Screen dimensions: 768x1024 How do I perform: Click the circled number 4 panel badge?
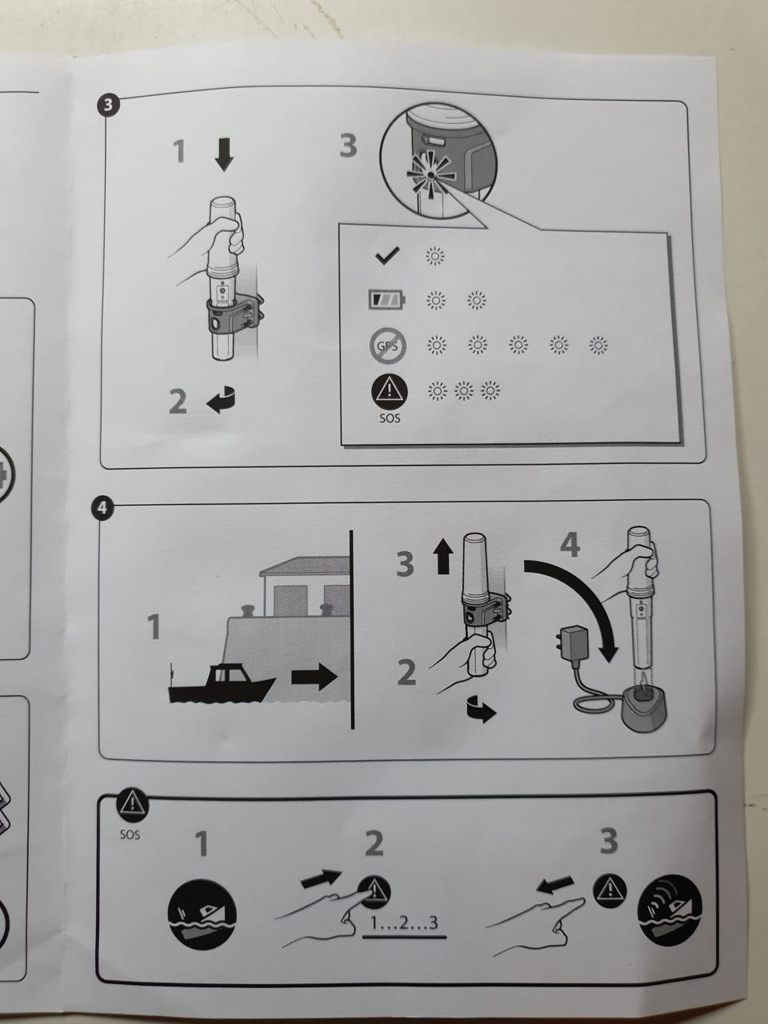tap(102, 507)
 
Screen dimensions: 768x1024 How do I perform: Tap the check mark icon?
tap(387, 255)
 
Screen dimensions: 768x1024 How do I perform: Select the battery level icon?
tap(387, 299)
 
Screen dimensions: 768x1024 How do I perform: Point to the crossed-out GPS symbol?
tap(388, 346)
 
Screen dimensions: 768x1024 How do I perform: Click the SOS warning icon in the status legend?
tap(390, 392)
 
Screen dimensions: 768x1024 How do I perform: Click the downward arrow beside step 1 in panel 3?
tap(224, 154)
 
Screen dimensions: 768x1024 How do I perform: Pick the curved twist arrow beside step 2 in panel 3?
tap(221, 400)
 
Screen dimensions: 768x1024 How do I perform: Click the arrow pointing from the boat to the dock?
tap(314, 678)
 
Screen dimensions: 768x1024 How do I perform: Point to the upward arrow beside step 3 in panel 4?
tap(443, 557)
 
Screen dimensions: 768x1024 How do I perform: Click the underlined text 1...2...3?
tap(404, 922)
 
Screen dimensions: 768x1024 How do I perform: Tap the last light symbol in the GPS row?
tap(598, 345)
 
